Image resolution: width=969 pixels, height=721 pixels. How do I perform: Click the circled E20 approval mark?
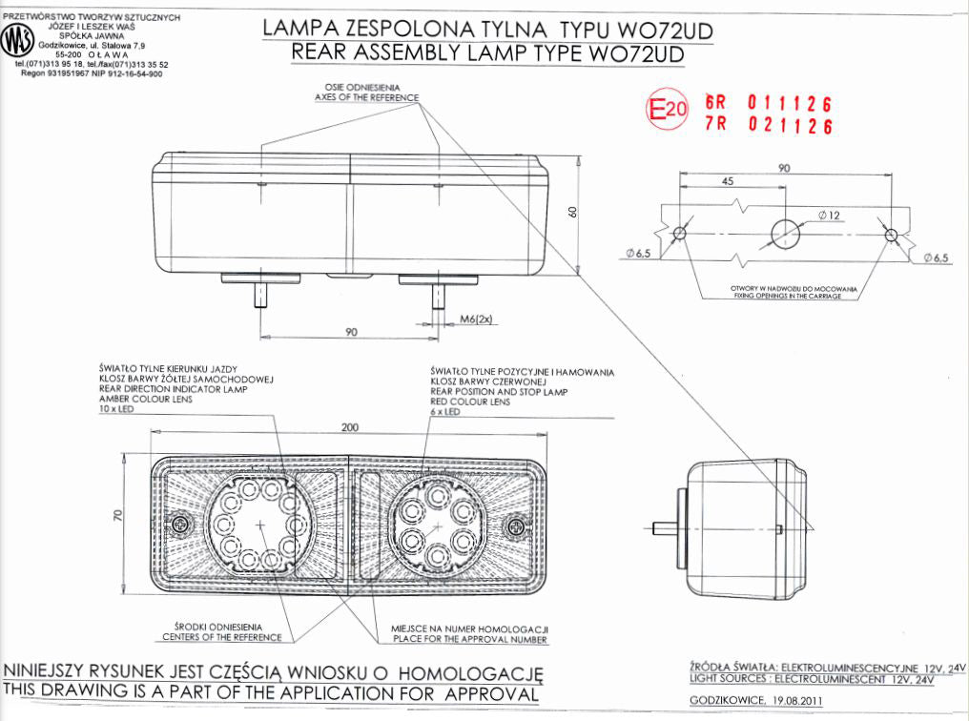667,111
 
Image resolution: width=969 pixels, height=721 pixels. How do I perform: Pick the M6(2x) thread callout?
474,319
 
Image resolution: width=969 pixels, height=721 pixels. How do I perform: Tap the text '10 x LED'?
117,408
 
